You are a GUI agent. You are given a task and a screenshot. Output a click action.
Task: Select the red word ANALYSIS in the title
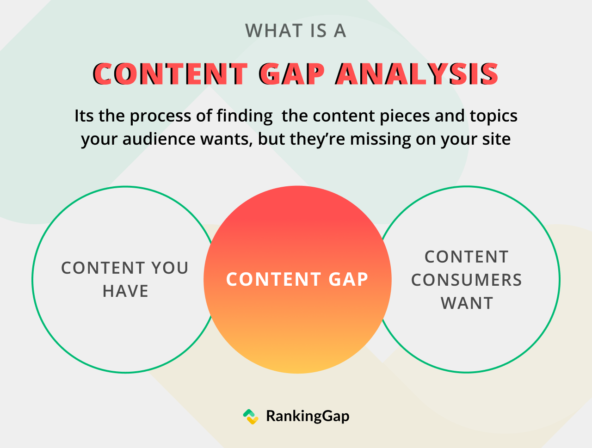click(x=417, y=74)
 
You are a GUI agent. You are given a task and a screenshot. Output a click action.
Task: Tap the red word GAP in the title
click(x=291, y=74)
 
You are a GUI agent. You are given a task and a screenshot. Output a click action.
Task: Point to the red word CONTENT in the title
click(x=170, y=74)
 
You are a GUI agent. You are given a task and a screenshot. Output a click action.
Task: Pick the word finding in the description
click(x=245, y=116)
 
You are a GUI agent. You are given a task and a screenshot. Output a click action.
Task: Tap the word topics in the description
click(x=493, y=117)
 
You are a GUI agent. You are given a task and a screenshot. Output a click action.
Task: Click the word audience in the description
click(x=159, y=139)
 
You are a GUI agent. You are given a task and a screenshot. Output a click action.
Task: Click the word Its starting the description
click(x=84, y=116)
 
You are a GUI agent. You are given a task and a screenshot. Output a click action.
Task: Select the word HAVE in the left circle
click(x=125, y=291)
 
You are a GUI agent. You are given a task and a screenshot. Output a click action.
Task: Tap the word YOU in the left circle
click(x=170, y=268)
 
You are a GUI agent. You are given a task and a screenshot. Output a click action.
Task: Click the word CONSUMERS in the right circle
click(x=467, y=280)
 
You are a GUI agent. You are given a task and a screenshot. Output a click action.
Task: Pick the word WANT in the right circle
click(x=467, y=303)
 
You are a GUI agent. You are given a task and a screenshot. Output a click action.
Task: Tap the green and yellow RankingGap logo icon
click(x=251, y=417)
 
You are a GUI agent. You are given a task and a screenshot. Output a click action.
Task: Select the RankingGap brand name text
click(x=308, y=417)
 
